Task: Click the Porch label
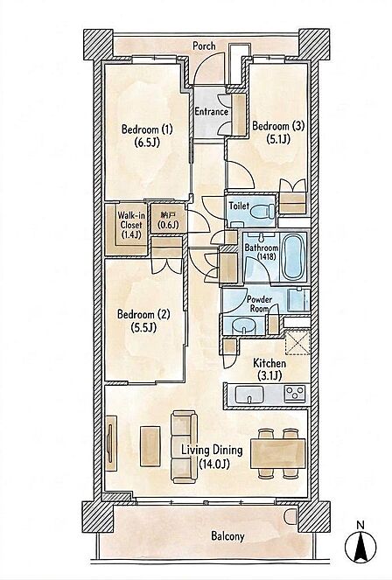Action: tap(204, 46)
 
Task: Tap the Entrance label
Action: tap(211, 111)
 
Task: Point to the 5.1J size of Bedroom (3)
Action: tap(278, 139)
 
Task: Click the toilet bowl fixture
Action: tap(262, 212)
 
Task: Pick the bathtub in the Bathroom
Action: tap(292, 257)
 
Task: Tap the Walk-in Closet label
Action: tap(131, 220)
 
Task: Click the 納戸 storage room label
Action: tap(168, 215)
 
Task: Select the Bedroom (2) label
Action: tap(143, 314)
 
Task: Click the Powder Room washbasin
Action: tap(243, 327)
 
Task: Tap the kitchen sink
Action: tap(249, 395)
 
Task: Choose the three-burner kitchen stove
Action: tap(295, 394)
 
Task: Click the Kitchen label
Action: tap(269, 363)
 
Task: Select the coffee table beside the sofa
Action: tap(150, 446)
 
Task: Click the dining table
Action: tap(278, 453)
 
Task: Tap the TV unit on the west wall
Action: tap(111, 444)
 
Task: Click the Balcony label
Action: tap(227, 536)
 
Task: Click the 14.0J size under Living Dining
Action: tap(214, 464)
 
